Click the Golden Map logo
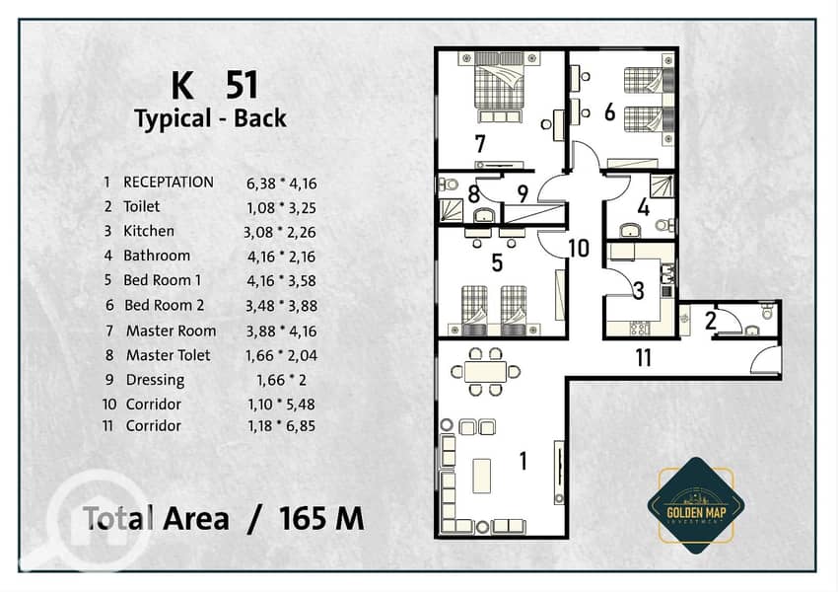pos(696,505)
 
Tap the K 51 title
pos(215,85)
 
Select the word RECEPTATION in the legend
pos(169,183)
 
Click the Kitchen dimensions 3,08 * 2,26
pos(280,232)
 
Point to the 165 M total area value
pos(321,518)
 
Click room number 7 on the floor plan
pos(480,143)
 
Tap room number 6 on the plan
pos(610,111)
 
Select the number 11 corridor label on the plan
pos(644,358)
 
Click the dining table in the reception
pos(485,371)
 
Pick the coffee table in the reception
pos(481,476)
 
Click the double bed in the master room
pos(499,88)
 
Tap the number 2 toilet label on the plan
pos(710,321)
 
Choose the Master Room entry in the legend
pos(171,332)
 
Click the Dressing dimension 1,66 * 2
pos(282,380)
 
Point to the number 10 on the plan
pos(579,248)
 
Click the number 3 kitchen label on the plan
pos(638,290)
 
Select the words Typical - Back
pos(210,118)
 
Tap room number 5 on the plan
pos(497,262)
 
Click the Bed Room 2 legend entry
pos(164,305)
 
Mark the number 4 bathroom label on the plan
pos(644,207)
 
